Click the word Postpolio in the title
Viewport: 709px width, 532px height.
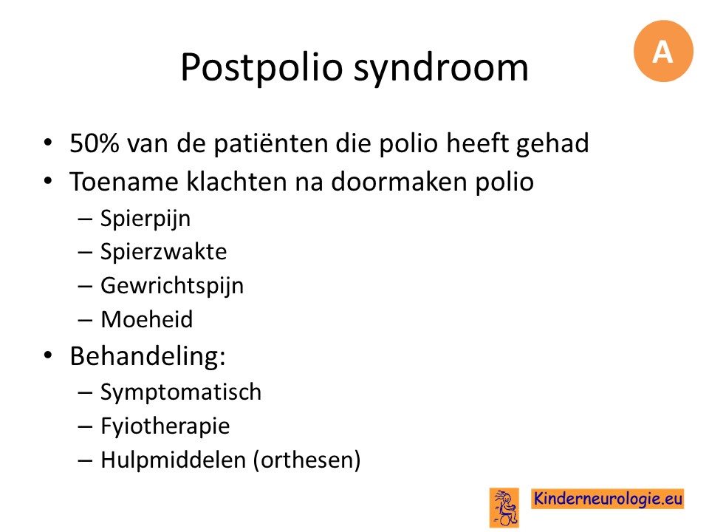(x=261, y=67)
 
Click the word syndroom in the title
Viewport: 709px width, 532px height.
(x=441, y=69)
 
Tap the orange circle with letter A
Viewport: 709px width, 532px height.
(x=663, y=51)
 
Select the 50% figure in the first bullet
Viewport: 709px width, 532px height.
(x=95, y=143)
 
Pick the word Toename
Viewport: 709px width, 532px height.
(x=124, y=182)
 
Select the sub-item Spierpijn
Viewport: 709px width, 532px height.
(x=145, y=219)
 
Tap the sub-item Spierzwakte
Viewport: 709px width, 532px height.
(x=163, y=251)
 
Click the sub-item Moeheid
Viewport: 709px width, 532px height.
(x=146, y=319)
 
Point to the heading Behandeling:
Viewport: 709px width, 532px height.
(x=148, y=356)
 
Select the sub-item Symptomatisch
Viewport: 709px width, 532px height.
(x=181, y=392)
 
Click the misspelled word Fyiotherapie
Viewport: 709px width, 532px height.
(x=165, y=426)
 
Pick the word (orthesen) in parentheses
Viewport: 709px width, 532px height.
(x=307, y=460)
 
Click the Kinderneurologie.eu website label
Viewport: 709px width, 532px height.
(x=608, y=499)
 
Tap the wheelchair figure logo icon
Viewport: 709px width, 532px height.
(x=504, y=508)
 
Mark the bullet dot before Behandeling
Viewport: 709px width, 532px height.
(x=48, y=355)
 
